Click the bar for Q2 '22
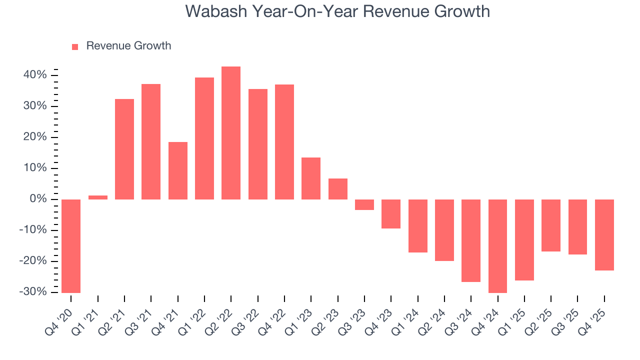coord(231,133)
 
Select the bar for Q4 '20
coord(71,246)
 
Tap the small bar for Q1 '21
coord(98,197)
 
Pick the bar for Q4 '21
coord(178,170)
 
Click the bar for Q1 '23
coord(311,178)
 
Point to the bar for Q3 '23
coord(364,204)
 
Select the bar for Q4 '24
coord(497,246)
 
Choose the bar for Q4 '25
coord(604,235)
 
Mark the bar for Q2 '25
coord(551,225)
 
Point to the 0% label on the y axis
coord(39,199)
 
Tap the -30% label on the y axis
coord(34,292)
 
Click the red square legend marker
coord(75,46)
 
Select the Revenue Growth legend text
coord(128,46)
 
